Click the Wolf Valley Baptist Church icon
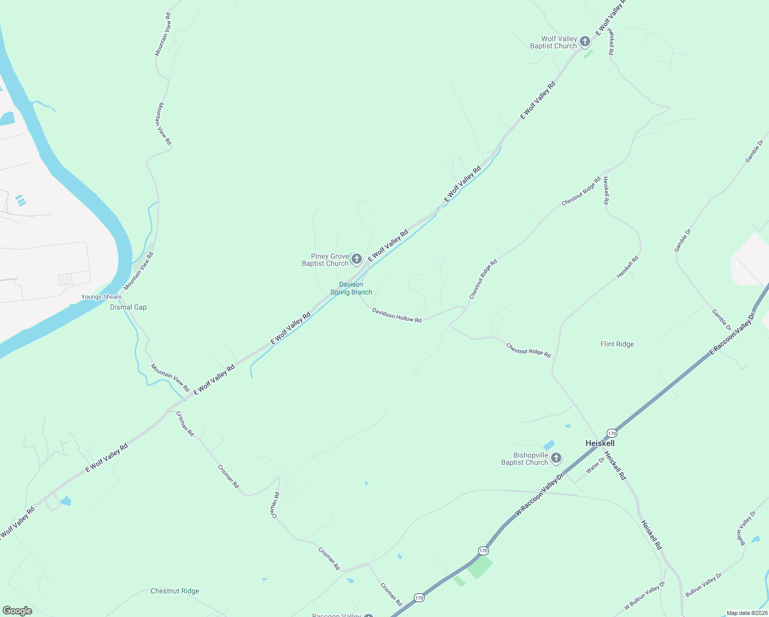(x=585, y=42)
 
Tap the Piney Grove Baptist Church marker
(x=357, y=259)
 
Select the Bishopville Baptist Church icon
(x=556, y=458)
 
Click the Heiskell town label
(x=600, y=443)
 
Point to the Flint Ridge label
(x=617, y=344)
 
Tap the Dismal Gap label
(x=129, y=307)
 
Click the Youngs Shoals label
(x=101, y=297)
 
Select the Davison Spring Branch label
(x=351, y=288)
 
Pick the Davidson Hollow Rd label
(x=397, y=315)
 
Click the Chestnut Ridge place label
(x=175, y=591)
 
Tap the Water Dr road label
(x=595, y=465)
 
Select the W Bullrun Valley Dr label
(x=645, y=595)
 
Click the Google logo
(x=17, y=611)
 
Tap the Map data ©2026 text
(x=746, y=613)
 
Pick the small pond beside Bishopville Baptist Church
(x=549, y=445)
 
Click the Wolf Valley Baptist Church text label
(x=553, y=42)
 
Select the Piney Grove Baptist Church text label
(x=325, y=260)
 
